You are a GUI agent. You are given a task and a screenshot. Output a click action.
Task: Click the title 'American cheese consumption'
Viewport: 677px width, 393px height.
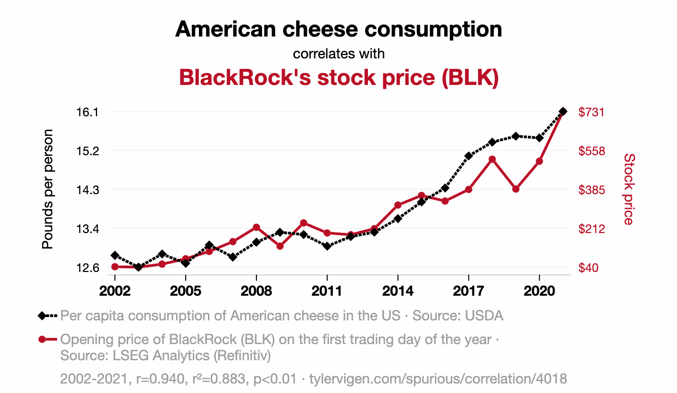click(338, 29)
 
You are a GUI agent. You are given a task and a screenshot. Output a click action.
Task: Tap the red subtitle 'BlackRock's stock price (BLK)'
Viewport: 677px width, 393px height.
click(338, 78)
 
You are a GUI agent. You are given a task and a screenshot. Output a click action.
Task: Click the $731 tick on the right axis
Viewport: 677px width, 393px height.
click(591, 112)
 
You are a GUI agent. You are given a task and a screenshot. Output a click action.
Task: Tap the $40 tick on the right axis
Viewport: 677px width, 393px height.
click(588, 268)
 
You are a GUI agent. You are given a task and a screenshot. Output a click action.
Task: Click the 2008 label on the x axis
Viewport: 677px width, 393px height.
click(256, 290)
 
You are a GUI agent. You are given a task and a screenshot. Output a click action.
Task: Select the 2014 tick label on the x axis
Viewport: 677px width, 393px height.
click(398, 290)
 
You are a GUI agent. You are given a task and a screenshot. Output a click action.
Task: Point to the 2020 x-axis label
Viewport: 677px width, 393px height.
click(539, 290)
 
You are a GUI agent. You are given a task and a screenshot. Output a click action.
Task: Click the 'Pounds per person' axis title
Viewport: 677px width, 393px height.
click(47, 189)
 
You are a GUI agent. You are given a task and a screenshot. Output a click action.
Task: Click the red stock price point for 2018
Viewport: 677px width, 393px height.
click(492, 159)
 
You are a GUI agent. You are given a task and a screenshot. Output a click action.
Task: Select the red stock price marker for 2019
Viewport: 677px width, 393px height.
click(516, 189)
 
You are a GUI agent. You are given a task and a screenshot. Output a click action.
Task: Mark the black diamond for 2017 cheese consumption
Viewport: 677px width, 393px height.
click(469, 156)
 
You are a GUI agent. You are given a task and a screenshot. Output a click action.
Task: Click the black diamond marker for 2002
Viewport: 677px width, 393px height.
click(115, 256)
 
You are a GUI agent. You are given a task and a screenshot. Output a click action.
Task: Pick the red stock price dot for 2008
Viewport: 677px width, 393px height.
click(256, 227)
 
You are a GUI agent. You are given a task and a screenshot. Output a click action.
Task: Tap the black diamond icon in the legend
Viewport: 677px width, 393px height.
click(42, 316)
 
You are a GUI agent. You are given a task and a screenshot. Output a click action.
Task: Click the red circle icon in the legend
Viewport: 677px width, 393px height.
click(42, 339)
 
